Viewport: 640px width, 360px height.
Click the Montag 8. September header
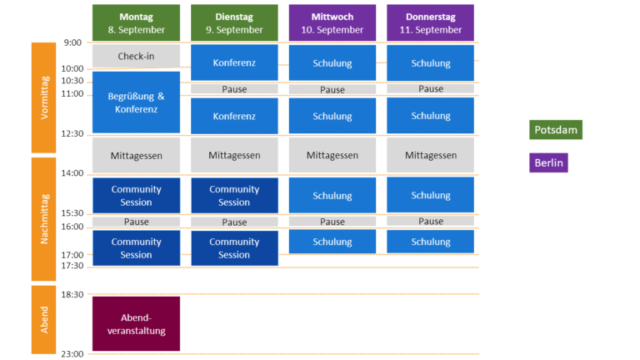[x=136, y=22]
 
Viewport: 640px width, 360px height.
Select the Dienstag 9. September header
[x=234, y=22]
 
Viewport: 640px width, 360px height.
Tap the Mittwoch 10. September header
[x=332, y=22]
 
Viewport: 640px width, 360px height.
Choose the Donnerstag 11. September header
[x=430, y=22]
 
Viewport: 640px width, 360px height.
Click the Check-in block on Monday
[x=136, y=56]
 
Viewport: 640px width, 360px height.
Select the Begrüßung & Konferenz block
[x=136, y=102]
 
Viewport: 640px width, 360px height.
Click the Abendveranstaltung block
[x=136, y=323]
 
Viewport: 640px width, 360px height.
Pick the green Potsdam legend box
[x=555, y=130]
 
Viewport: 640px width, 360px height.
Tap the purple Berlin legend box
[x=549, y=162]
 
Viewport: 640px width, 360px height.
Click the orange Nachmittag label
[x=45, y=218]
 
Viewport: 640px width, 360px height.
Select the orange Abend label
[x=45, y=318]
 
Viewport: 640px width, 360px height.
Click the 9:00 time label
[x=72, y=42]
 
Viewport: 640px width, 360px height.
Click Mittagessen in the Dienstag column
[x=234, y=155]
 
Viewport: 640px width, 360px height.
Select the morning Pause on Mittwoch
[x=332, y=90]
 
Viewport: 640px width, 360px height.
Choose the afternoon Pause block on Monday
[x=136, y=222]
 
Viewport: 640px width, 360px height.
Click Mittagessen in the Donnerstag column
[x=430, y=155]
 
